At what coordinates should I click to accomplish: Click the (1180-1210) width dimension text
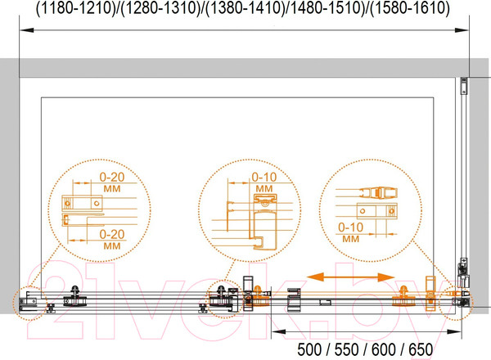click(76, 8)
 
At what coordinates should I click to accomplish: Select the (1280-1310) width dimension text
click(160, 8)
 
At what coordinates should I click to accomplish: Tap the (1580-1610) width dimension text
click(410, 8)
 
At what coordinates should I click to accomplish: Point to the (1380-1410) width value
click(245, 8)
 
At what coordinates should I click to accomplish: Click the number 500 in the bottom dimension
click(309, 349)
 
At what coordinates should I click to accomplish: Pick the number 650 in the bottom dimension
click(421, 349)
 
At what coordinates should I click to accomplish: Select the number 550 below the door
click(346, 349)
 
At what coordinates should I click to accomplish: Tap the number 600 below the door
click(384, 349)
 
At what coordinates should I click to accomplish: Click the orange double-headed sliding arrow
click(350, 277)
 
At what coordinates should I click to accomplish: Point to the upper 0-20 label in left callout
click(112, 178)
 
